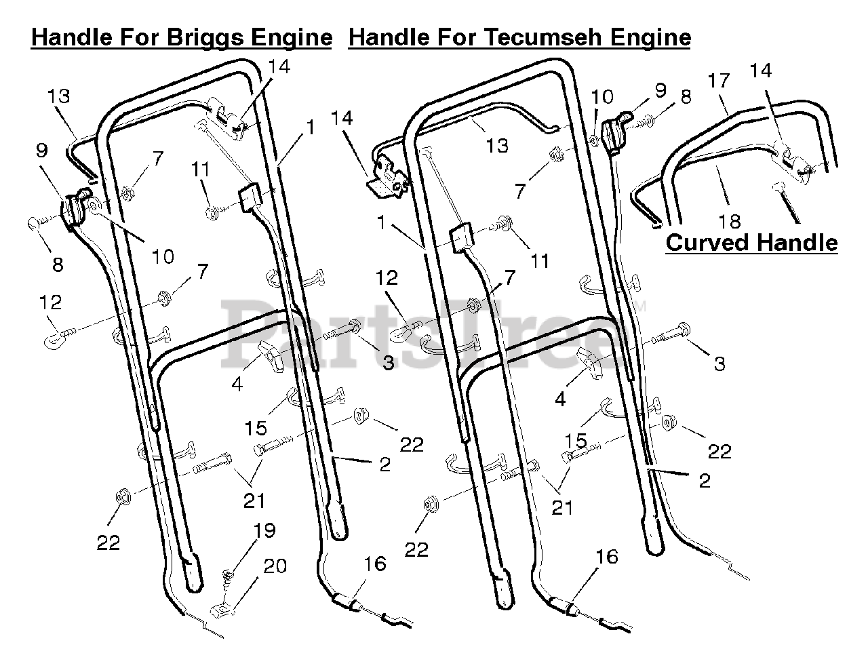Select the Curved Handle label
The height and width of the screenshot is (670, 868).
(751, 243)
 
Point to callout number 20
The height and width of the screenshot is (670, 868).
(274, 566)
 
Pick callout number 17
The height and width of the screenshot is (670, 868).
(719, 81)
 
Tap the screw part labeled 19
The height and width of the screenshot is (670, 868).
(229, 578)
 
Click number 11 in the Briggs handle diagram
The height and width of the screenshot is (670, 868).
(200, 170)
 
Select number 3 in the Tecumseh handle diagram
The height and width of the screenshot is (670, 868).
(719, 363)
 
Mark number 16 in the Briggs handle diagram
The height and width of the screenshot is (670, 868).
(374, 564)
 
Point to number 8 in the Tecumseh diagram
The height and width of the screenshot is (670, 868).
(686, 96)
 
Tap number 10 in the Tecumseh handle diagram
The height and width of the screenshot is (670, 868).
(603, 96)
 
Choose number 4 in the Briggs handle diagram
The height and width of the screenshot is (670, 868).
(237, 384)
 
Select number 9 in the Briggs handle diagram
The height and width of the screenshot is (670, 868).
(42, 151)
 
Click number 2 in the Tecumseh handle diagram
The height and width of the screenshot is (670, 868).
(705, 481)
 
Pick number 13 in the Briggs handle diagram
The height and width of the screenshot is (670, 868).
(59, 96)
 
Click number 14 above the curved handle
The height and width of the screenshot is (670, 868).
(761, 71)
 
